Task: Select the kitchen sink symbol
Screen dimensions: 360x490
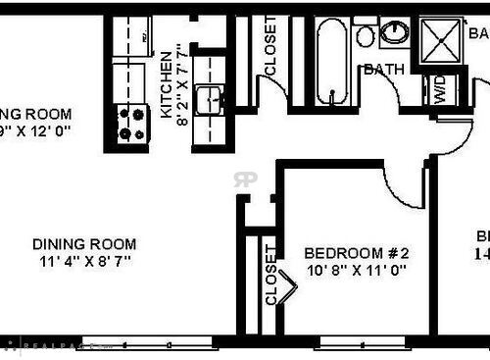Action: click(x=207, y=99)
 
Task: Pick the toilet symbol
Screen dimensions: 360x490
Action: click(x=366, y=35)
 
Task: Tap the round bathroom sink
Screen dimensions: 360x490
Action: click(x=395, y=32)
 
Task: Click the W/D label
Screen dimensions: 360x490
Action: click(x=437, y=91)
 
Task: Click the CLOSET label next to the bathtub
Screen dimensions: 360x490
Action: click(x=271, y=46)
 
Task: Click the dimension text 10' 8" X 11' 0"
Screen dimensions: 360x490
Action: click(x=355, y=269)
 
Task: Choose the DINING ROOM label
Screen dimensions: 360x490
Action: click(x=83, y=244)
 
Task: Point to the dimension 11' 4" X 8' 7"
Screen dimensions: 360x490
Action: click(x=84, y=261)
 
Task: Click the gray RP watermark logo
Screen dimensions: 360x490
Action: click(x=244, y=180)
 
